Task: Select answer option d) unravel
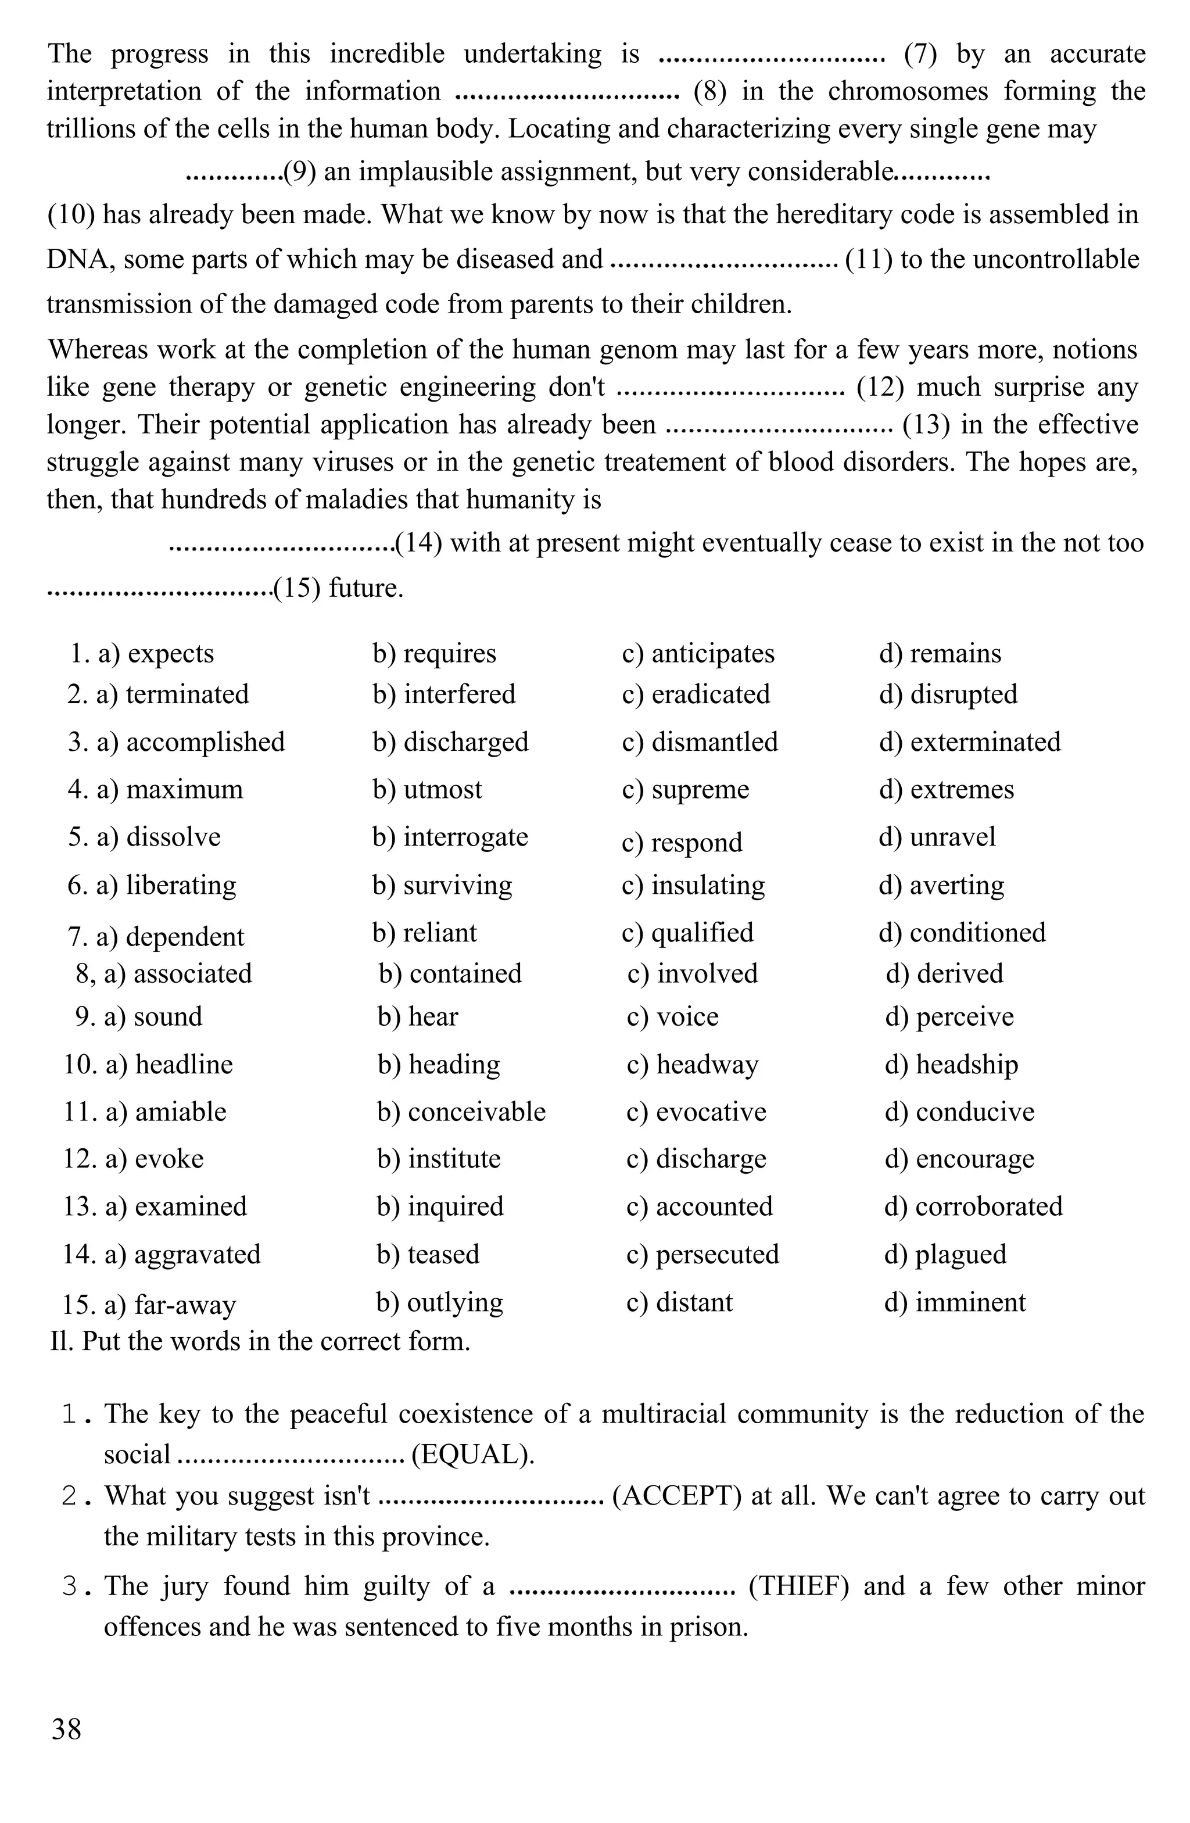[x=937, y=836]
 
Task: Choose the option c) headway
[x=692, y=1064]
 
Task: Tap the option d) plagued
[x=945, y=1254]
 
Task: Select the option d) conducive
[x=959, y=1112]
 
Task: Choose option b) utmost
[x=427, y=789]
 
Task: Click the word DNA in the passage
[x=74, y=260]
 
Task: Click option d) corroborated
[x=973, y=1206]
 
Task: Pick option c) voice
[x=672, y=1016]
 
